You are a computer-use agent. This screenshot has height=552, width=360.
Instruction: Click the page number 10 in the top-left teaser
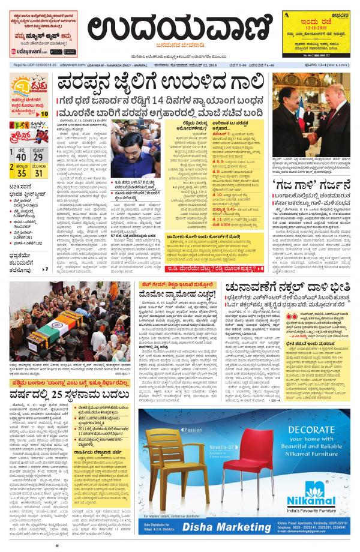(45, 113)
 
